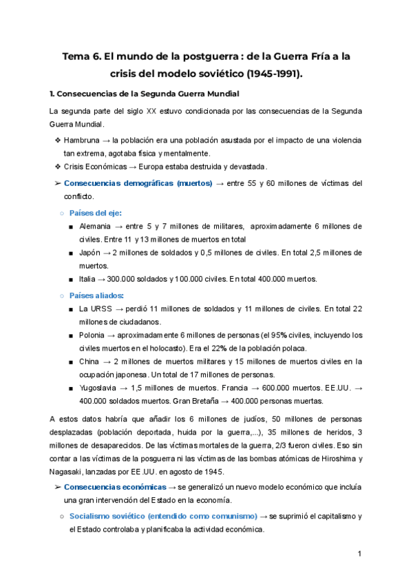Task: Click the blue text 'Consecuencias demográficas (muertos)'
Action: pyautogui.click(x=138, y=184)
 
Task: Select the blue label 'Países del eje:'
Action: pyautogui.click(x=96, y=213)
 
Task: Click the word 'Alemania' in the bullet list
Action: pyautogui.click(x=98, y=227)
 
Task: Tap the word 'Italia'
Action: pyautogui.click(x=89, y=279)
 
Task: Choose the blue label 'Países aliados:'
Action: pyautogui.click(x=97, y=295)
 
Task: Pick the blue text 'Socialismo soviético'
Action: pyautogui.click(x=113, y=516)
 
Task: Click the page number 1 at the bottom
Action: pyautogui.click(x=359, y=554)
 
